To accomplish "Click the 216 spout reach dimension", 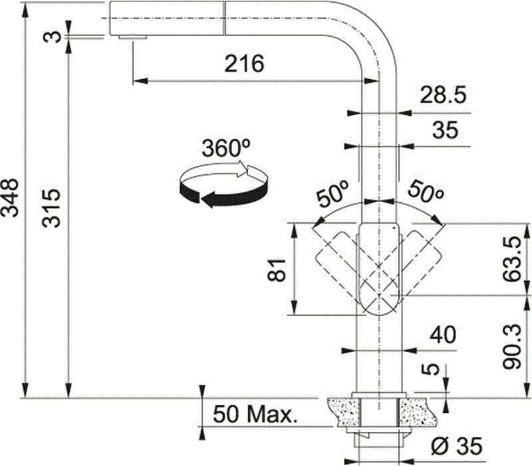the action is tap(244, 63).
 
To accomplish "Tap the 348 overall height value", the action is tap(9, 198).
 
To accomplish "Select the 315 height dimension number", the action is tap(51, 208).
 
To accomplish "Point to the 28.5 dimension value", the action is tap(443, 95).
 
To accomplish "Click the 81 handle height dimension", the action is tap(276, 270).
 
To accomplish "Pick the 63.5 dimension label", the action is tap(511, 259).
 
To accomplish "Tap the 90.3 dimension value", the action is tap(511, 346).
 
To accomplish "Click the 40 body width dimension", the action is tap(443, 335).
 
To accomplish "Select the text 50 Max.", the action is tap(255, 414).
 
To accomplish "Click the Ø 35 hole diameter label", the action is tap(456, 446).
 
